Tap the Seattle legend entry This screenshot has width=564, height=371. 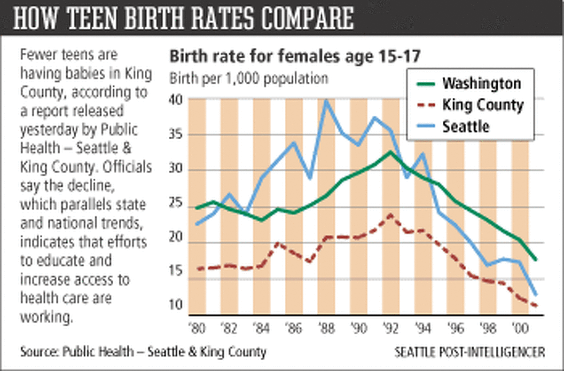(465, 126)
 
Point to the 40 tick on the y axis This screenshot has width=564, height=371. (178, 100)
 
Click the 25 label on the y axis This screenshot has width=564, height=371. (178, 207)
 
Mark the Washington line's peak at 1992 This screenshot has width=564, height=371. (391, 151)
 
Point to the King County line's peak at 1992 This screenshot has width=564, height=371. (391, 215)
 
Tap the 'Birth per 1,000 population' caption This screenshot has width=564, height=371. (249, 78)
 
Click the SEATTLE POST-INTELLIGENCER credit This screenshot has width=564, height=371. (470, 352)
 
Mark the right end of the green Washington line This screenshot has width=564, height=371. (536, 260)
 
